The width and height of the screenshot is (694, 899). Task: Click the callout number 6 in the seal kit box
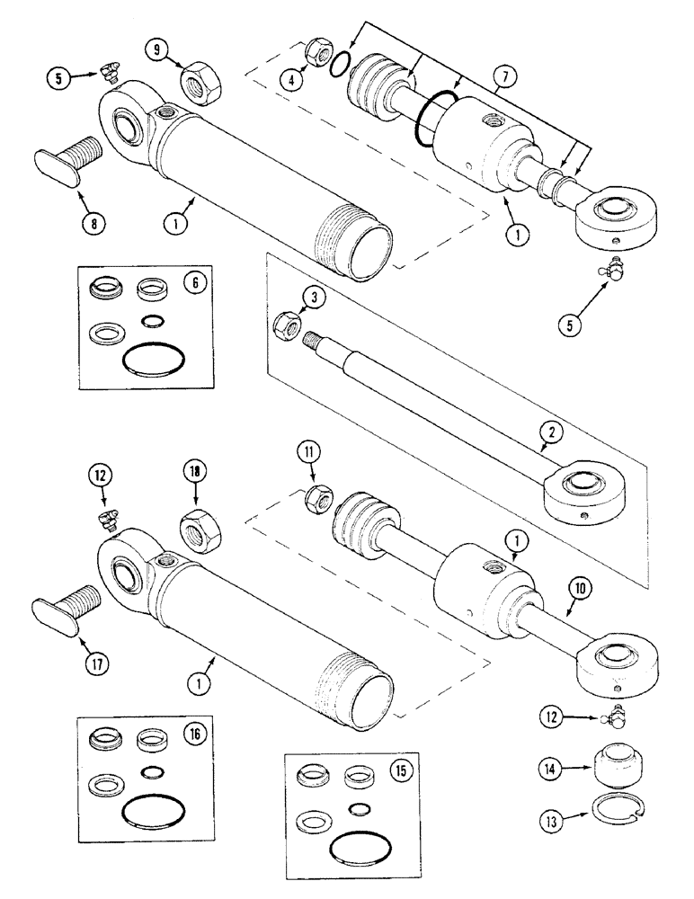[192, 281]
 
